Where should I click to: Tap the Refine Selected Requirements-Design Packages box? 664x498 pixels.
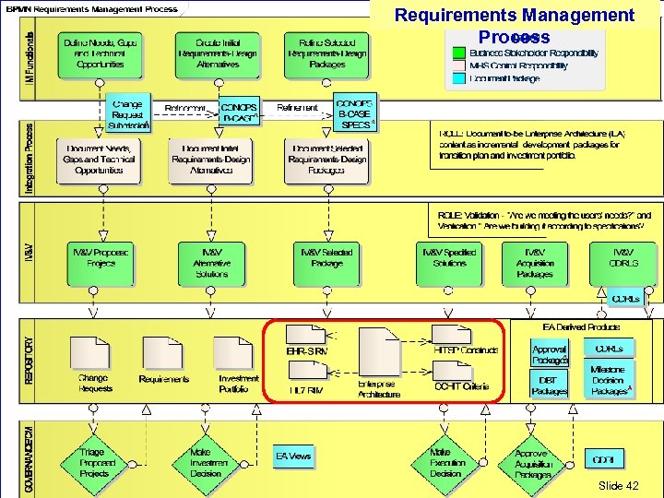pos(326,54)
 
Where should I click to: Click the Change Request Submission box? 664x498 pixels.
pos(125,114)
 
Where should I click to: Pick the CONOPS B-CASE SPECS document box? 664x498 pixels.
pos(354,114)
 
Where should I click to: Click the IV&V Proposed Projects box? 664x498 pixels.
pos(101,263)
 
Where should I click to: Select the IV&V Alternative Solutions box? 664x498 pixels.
pos(211,263)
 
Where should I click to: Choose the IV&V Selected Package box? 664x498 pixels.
pos(326,263)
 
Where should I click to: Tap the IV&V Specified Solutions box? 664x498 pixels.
pos(448,263)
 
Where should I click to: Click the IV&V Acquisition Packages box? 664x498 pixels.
pos(535,263)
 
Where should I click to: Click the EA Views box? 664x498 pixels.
pos(293,456)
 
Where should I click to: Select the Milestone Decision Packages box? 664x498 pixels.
pos(609,380)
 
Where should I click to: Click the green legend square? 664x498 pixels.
pos(458,53)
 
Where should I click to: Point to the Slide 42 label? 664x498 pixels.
pos(618,485)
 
